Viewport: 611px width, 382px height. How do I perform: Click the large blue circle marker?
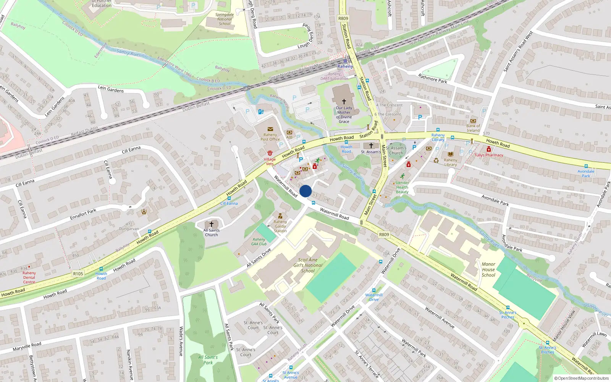(x=305, y=191)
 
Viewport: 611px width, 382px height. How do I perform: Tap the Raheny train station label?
(x=345, y=66)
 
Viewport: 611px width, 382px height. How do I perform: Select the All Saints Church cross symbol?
(x=211, y=224)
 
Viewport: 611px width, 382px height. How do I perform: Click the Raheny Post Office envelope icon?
(x=270, y=129)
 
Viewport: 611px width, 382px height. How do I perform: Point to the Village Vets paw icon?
(x=270, y=153)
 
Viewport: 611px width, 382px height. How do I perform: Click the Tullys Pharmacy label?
(x=489, y=155)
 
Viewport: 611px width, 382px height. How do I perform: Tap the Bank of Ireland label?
(x=473, y=128)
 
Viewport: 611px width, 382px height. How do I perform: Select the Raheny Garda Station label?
(x=280, y=226)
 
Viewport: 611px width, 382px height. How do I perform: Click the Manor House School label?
(x=488, y=269)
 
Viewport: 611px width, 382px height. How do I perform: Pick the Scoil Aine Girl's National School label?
(x=308, y=265)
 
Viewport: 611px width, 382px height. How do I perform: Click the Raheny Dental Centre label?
(x=29, y=277)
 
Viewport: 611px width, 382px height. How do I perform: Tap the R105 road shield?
(x=78, y=274)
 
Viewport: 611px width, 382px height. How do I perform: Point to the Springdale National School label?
(x=225, y=19)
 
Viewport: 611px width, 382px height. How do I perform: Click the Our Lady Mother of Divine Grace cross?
(x=344, y=102)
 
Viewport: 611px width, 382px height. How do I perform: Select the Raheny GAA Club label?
(x=259, y=241)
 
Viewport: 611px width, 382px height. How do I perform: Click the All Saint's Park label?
(x=208, y=360)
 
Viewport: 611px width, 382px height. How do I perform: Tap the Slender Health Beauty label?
(x=402, y=187)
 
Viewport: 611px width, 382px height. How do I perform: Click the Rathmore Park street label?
(x=433, y=79)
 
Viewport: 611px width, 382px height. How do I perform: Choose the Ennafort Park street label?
(x=83, y=214)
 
